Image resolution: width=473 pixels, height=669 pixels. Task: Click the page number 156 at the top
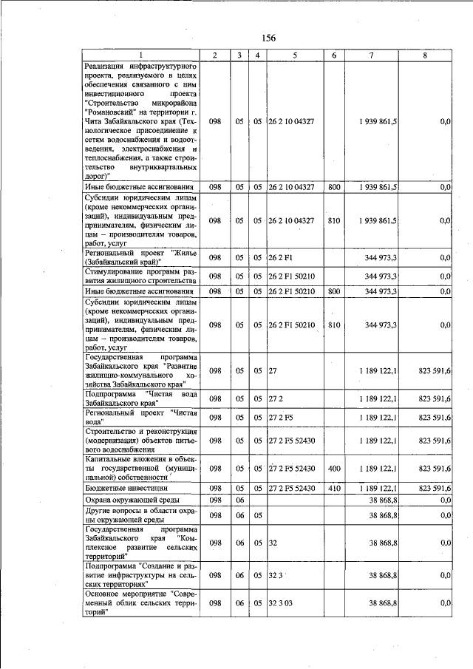click(x=268, y=38)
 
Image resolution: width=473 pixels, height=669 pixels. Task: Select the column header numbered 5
click(x=294, y=55)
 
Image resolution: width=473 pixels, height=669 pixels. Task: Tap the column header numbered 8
click(x=424, y=55)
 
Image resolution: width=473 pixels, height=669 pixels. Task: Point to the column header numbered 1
click(x=141, y=55)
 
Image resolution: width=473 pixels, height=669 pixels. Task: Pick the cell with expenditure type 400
click(x=334, y=468)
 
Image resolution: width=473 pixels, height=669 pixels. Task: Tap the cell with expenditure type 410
click(x=334, y=488)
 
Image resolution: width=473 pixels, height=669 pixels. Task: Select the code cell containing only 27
click(x=272, y=370)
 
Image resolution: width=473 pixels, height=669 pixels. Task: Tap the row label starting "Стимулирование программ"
click(x=141, y=276)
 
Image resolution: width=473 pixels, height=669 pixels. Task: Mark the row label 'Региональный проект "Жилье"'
click(x=141, y=257)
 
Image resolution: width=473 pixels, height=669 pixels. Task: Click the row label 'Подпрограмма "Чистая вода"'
click(x=141, y=398)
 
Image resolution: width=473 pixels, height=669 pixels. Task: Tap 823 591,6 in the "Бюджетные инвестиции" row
click(x=435, y=488)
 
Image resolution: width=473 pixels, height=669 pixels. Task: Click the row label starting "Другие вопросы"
click(x=141, y=515)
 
